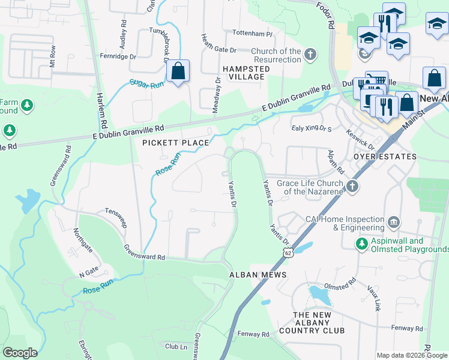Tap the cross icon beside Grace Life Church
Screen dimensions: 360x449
pos(352,187)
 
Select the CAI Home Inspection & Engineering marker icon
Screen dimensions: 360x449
pos(394,223)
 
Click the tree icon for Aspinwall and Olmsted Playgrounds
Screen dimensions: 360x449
pos(361,244)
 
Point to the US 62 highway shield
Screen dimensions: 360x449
pos(289,254)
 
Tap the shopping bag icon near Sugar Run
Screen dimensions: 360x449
pos(178,72)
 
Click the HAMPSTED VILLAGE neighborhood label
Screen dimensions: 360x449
pos(244,73)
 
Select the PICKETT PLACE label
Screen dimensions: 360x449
pos(175,143)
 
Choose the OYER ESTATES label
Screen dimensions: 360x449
pos(384,157)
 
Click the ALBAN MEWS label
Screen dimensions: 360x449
pos(258,274)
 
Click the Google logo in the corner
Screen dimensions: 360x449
pos(20,353)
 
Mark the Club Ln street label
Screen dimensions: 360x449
pos(176,346)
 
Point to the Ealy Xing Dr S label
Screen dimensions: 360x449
pos(312,127)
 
